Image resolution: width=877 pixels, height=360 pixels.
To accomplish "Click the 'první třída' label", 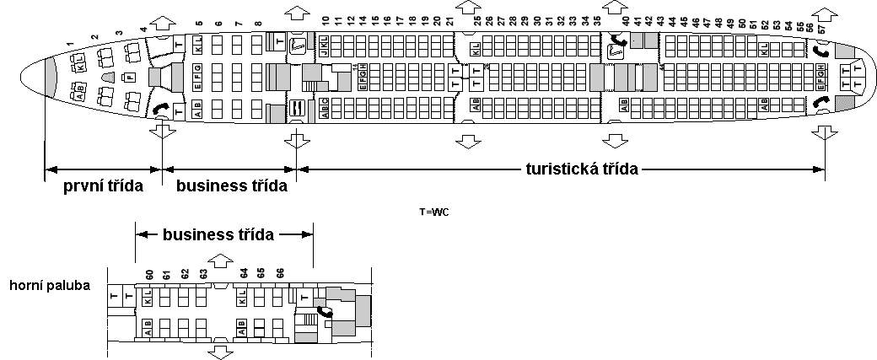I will point(103,185).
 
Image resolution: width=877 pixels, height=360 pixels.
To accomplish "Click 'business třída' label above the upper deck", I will point(218,235).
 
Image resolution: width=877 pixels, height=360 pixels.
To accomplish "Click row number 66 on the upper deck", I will point(281,273).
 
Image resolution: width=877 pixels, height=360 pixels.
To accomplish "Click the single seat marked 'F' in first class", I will point(130,77).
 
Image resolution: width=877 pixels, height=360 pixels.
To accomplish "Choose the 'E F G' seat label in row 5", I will point(197,80).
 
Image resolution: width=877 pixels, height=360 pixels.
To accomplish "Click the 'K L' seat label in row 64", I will point(243,297).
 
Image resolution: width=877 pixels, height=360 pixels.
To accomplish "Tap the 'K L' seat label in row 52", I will point(764,50).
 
